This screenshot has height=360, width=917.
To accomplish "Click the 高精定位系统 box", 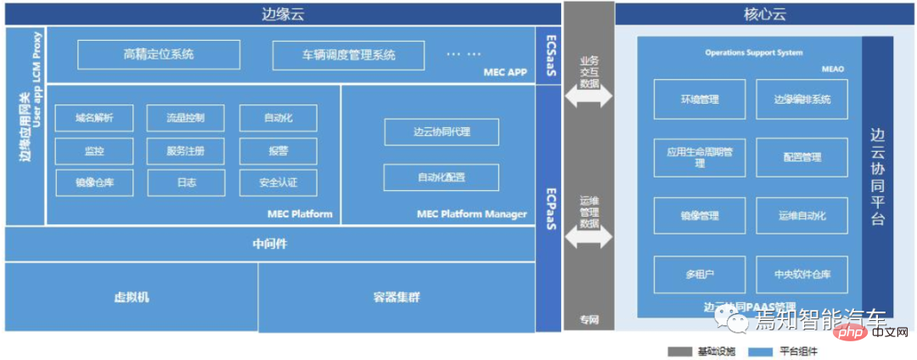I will tap(159, 54).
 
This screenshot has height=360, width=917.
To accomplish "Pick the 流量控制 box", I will tap(185, 118).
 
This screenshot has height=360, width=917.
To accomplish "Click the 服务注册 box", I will tap(185, 151).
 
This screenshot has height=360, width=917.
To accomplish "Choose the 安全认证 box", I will tap(278, 183).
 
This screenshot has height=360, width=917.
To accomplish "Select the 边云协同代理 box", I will tap(441, 132).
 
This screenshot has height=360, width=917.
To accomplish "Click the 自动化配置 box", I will tap(441, 177).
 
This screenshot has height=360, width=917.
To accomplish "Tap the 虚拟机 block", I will tap(132, 297).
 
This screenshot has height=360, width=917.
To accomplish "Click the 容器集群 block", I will tap(396, 297).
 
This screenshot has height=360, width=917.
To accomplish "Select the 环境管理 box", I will tap(699, 99).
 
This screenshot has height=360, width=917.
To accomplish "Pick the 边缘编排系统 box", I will tap(802, 99).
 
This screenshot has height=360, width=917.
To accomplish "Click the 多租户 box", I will tap(699, 274).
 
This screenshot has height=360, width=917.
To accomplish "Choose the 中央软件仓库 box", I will tap(802, 274).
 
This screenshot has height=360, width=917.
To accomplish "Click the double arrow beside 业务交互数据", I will tap(588, 96).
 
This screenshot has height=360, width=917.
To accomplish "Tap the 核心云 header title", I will tap(753, 14).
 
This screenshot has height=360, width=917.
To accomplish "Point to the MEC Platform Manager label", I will tap(472, 214).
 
